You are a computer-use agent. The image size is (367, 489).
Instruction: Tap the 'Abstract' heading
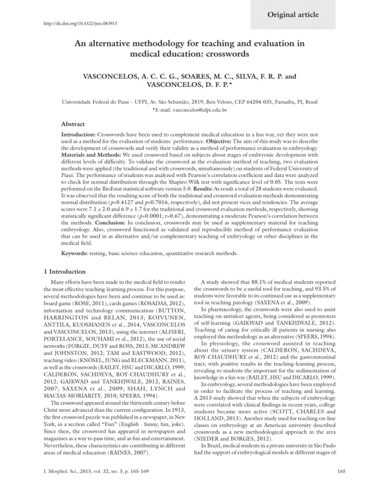73,124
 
